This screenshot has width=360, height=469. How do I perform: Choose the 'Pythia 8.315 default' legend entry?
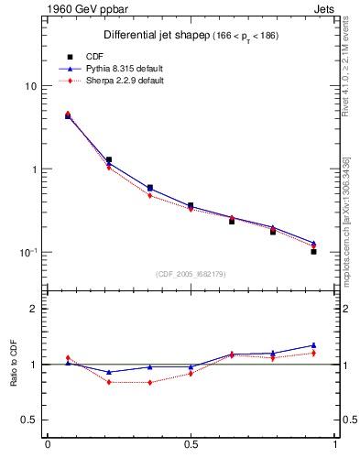116,69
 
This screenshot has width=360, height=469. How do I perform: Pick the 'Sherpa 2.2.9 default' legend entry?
116,81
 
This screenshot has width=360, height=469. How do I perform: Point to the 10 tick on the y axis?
30,86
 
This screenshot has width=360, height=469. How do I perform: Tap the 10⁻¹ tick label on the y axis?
28,252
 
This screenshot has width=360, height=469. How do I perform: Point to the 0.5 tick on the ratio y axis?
29,420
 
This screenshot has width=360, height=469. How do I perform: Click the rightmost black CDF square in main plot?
313,251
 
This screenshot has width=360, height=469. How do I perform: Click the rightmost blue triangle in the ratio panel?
313,345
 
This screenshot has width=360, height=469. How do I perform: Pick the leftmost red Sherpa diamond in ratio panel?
68,358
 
